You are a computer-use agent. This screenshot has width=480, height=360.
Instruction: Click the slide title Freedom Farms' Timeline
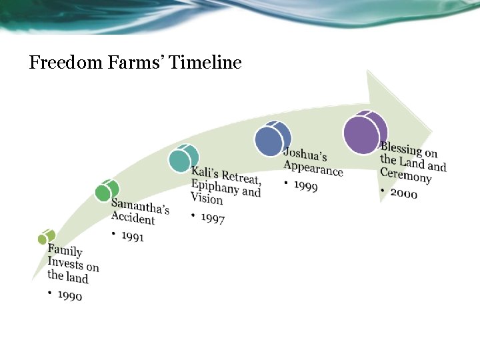click(135, 63)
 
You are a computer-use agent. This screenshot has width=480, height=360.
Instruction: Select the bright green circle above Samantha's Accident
click(106, 191)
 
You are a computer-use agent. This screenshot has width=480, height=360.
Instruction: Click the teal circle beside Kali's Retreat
click(182, 159)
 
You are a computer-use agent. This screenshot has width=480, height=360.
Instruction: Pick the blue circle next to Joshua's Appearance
click(271, 139)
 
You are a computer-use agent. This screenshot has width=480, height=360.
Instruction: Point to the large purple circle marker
click(364, 132)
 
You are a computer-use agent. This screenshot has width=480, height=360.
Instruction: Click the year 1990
click(70, 295)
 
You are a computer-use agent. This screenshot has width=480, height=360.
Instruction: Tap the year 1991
click(132, 236)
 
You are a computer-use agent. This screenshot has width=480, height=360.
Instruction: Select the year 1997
click(212, 218)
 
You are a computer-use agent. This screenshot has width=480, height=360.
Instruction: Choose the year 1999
click(305, 185)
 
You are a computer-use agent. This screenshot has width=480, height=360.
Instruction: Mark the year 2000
click(403, 193)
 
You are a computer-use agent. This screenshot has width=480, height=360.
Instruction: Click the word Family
click(65, 251)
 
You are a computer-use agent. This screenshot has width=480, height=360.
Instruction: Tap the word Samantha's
click(140, 207)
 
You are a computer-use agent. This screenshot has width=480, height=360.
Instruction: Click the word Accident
click(133, 218)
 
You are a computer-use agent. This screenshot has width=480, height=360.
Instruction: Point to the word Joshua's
click(305, 155)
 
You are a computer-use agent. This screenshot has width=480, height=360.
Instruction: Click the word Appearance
click(313, 168)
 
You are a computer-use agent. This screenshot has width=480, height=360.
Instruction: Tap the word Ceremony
click(405, 175)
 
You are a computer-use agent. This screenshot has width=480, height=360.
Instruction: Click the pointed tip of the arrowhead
click(432, 131)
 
